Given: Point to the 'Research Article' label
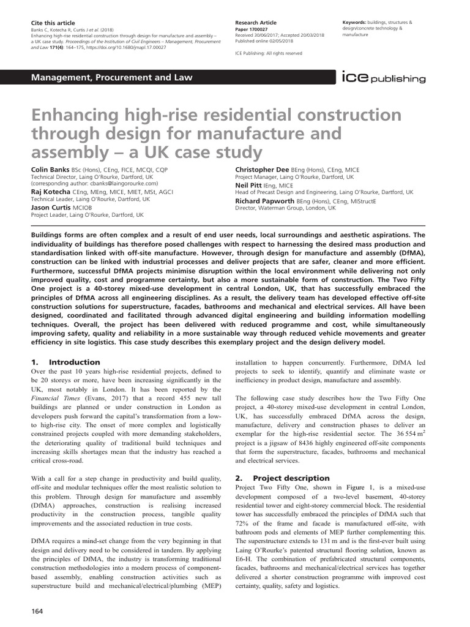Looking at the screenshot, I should point(256,22).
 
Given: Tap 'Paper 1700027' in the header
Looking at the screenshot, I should point(252,29).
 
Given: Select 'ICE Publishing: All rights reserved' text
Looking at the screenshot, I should point(268,53).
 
